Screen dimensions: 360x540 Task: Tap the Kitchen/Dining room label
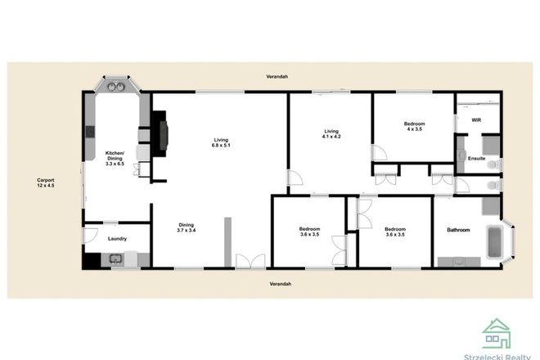coord(114,157)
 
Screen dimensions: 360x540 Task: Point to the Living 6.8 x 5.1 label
coord(220,142)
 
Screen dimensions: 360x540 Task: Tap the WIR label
coord(476,120)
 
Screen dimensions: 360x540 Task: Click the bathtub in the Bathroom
coord(493,241)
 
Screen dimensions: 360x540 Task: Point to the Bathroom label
coord(458,230)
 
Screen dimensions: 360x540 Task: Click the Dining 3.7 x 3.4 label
coord(187,229)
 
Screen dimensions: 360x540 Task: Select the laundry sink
coord(116,260)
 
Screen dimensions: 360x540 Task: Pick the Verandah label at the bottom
coord(281,283)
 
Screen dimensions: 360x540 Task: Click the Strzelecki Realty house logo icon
coord(497,333)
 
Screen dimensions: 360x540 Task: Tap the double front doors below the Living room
coord(245,262)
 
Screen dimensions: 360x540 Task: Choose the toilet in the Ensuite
coord(492,164)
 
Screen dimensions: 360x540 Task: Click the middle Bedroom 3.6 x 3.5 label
coord(309,232)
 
